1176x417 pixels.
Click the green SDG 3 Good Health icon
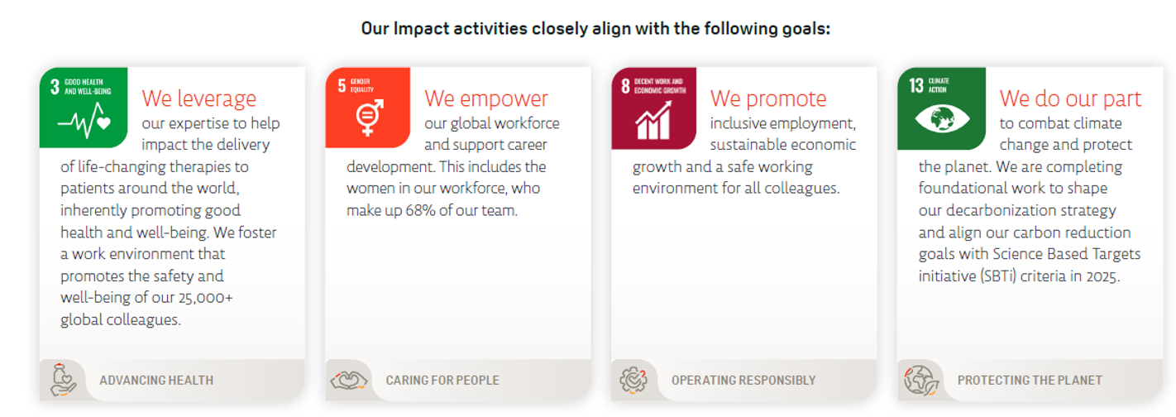pyautogui.click(x=84, y=108)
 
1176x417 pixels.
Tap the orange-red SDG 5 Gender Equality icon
pyautogui.click(x=367, y=108)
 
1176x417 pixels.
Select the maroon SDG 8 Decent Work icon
pyautogui.click(x=653, y=108)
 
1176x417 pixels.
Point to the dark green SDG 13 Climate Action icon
pyautogui.click(x=941, y=108)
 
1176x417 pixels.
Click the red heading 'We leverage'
pyautogui.click(x=199, y=98)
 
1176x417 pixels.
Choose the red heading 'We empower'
pyautogui.click(x=486, y=98)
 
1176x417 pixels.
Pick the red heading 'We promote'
pyautogui.click(x=768, y=98)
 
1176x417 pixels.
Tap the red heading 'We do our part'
pyautogui.click(x=1070, y=98)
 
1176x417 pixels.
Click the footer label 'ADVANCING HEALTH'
pyautogui.click(x=156, y=381)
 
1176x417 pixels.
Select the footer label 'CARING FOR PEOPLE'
pyautogui.click(x=442, y=381)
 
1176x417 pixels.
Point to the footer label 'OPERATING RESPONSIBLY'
pyautogui.click(x=743, y=381)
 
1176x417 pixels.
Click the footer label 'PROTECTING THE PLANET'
pyautogui.click(x=1030, y=381)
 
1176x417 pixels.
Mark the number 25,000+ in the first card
pyautogui.click(x=205, y=298)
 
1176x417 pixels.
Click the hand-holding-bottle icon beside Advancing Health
pyautogui.click(x=63, y=380)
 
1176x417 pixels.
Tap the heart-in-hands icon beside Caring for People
pyautogui.click(x=349, y=381)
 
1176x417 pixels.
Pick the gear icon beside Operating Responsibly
pyautogui.click(x=633, y=381)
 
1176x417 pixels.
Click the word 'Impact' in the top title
pyautogui.click(x=421, y=29)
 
